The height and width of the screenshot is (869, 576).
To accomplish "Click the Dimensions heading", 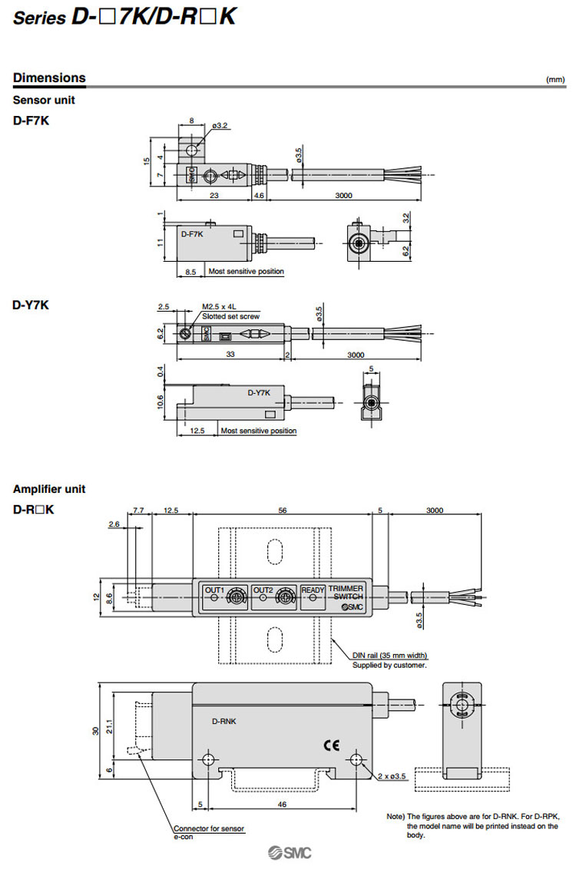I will pos(49,78).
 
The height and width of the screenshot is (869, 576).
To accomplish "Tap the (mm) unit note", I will pos(554,80).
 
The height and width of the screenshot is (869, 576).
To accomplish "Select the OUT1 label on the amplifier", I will pos(214,590).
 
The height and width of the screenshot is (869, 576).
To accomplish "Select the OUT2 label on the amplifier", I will pos(263,590).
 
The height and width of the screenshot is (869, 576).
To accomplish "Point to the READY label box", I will pos(313,590).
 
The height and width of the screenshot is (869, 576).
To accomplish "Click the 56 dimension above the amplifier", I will pos(282,510).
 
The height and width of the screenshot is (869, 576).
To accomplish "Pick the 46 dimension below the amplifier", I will pos(282,804).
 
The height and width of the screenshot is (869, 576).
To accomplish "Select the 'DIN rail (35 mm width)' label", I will pos(389,655).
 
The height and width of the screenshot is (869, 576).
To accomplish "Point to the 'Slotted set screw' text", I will pos(230,316).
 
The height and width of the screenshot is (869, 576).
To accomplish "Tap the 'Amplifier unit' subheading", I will pos(49,489).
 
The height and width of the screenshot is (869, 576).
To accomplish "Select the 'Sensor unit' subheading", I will pos(44,101).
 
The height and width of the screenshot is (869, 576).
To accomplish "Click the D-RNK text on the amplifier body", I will pos(224,721).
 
